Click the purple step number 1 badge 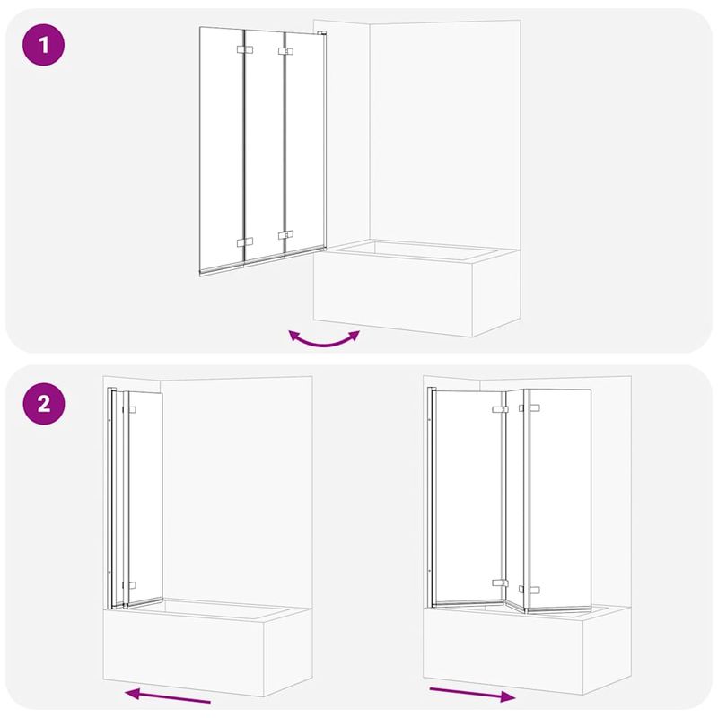coord(42,45)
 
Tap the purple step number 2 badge coord(42,403)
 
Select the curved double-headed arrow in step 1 coord(323,339)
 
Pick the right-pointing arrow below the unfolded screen coord(472,694)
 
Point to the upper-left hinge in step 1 coord(241,50)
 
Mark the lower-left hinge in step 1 coord(241,242)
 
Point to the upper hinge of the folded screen coord(132,411)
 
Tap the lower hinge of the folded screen coord(132,581)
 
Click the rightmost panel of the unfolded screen coord(558,494)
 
